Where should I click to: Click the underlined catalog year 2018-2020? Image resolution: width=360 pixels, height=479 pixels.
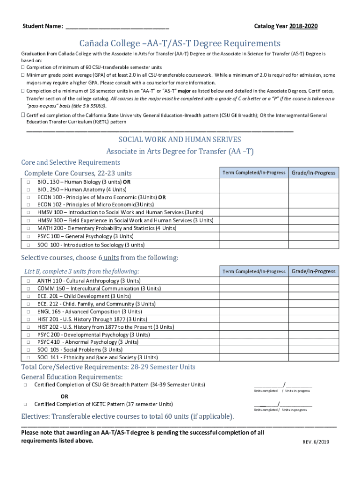303,26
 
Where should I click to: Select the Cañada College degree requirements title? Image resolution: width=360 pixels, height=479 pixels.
180,44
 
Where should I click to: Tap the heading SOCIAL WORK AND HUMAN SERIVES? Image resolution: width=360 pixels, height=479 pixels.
180,139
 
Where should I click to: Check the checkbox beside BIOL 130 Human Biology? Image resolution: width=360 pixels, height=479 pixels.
28,181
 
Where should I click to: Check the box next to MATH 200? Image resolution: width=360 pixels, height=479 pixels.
28,228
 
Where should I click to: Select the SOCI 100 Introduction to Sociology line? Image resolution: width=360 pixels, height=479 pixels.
91,245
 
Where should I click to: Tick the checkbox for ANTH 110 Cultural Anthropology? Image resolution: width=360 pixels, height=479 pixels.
28,281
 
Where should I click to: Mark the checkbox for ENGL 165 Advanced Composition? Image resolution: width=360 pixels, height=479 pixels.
28,312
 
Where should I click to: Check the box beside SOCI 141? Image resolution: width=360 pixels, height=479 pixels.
28,357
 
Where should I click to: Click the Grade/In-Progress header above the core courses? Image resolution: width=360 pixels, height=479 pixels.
313,173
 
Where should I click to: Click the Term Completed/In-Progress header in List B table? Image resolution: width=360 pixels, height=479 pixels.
254,271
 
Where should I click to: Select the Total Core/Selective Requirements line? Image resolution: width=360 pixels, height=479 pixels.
108,367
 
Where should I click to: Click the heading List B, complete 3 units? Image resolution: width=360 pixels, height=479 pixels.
81,271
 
